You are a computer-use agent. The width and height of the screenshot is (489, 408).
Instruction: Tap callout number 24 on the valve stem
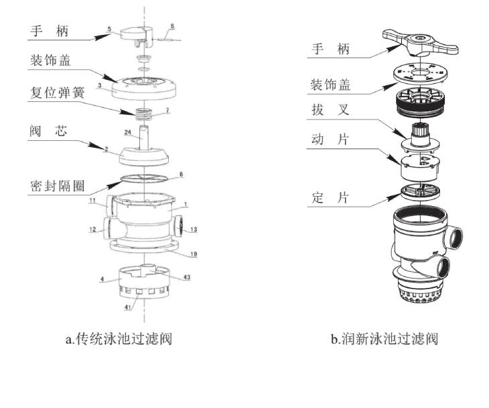(127, 133)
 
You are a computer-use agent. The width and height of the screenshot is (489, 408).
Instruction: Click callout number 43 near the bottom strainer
(187, 276)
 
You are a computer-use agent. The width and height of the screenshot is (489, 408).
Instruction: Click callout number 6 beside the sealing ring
(181, 173)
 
